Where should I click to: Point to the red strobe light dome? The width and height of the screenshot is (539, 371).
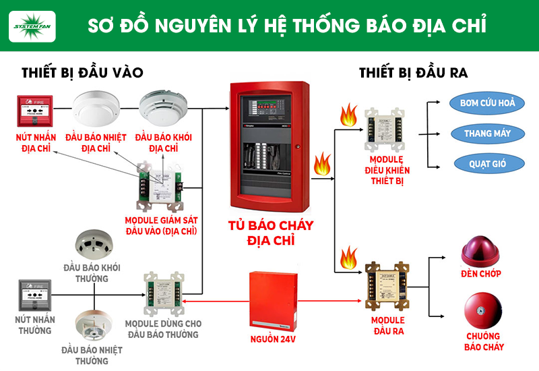pyautogui.click(x=482, y=250)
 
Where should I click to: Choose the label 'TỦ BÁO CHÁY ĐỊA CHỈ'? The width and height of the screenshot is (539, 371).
pyautogui.click(x=272, y=233)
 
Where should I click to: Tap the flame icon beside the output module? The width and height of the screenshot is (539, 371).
pyautogui.click(x=350, y=258)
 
